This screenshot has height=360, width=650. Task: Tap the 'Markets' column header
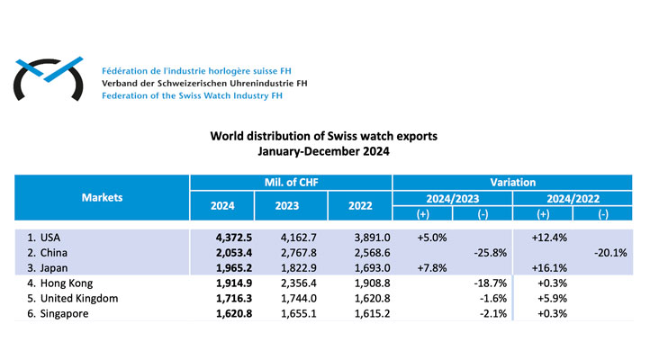point(101,197)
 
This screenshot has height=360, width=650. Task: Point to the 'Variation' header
point(512,181)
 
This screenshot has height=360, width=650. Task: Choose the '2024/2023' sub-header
point(453,198)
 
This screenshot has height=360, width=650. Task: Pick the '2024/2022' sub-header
point(572,198)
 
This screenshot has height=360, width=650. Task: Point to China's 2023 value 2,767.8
point(287,254)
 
